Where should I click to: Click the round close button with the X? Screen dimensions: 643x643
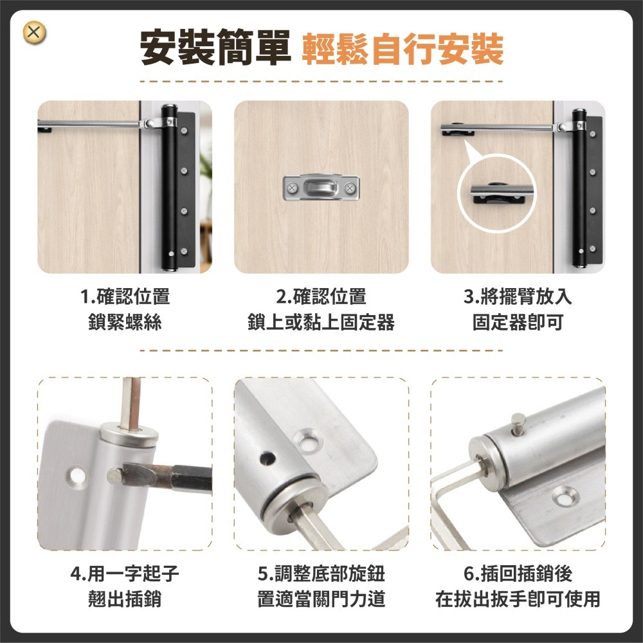click(35, 33)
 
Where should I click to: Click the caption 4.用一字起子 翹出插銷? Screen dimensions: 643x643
click(125, 586)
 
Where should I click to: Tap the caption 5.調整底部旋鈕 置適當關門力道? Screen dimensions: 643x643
click(321, 586)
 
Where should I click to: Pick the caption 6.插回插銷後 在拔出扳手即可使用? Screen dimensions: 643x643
click(518, 586)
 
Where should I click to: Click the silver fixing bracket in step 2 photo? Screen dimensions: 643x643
click(321, 188)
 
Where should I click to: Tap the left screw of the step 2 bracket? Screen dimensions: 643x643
click(291, 188)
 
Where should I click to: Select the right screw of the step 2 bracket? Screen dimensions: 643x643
click(350, 188)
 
